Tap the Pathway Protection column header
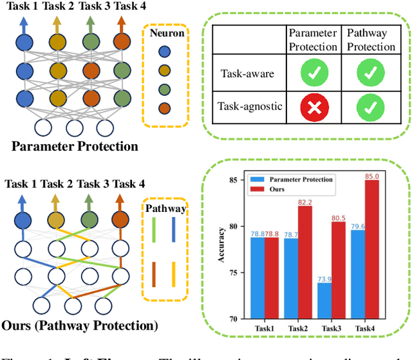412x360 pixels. click(x=371, y=40)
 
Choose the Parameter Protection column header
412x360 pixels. click(x=312, y=40)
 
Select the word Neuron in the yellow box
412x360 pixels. click(x=165, y=32)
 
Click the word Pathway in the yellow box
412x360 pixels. click(x=165, y=208)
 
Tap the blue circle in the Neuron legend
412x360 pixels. click(x=165, y=52)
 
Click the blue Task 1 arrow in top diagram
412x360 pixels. click(x=24, y=26)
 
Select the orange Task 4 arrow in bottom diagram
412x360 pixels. click(x=120, y=203)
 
